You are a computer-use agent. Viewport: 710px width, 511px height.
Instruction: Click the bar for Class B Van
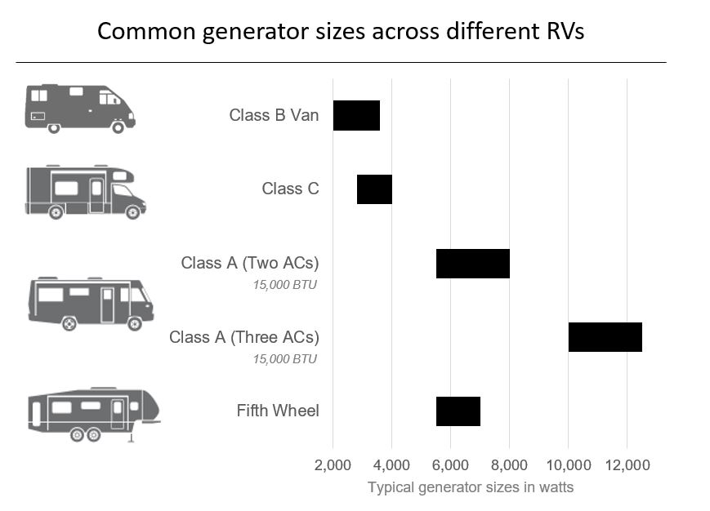[x=356, y=115]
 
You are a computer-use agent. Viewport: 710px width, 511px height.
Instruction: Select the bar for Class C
[x=374, y=189]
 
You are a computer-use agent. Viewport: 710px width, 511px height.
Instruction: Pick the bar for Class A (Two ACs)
[x=472, y=264]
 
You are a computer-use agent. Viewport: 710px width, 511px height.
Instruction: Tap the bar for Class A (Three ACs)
[x=605, y=337]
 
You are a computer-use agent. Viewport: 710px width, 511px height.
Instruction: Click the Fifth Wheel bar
[x=458, y=411]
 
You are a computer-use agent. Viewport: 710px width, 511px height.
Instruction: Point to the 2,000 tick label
[x=333, y=465]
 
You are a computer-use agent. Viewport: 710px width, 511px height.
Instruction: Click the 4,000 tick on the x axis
[x=391, y=465]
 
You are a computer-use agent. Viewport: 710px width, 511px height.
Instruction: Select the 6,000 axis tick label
[x=450, y=465]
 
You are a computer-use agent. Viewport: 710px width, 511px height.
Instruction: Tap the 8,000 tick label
[x=509, y=465]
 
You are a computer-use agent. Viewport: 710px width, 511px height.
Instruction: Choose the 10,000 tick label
[x=568, y=465]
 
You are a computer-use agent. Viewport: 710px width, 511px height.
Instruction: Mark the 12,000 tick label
[x=627, y=465]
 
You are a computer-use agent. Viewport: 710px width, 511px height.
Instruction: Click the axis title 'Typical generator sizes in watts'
[x=470, y=487]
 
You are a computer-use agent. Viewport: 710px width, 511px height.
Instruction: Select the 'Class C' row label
[x=290, y=189]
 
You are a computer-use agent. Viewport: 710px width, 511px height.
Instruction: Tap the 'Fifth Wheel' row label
[x=278, y=411]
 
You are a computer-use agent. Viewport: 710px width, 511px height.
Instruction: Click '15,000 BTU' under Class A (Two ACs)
[x=284, y=285]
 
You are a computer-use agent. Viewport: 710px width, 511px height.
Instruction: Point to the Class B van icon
[x=78, y=108]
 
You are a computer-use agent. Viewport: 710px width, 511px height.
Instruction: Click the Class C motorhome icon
[x=85, y=191]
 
